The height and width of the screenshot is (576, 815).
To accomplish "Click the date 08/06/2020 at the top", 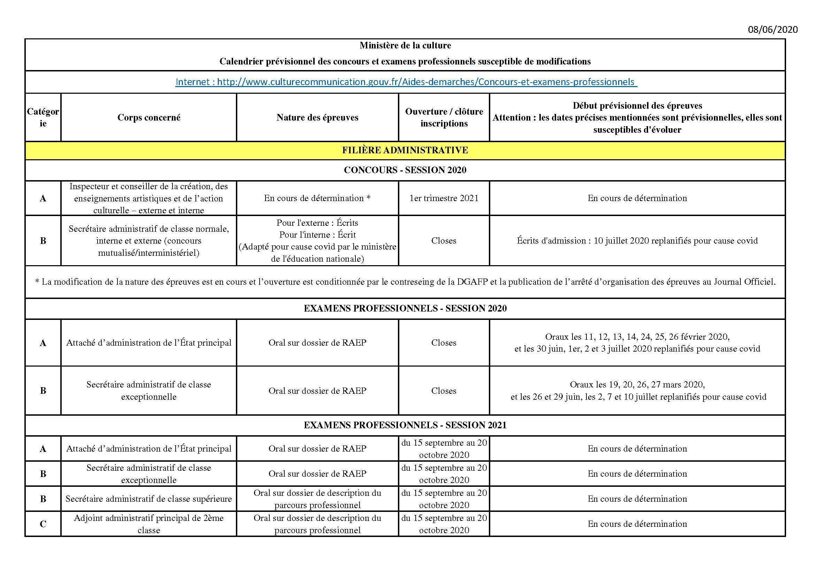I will tap(773, 30).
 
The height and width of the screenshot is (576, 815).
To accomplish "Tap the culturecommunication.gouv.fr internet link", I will tap(406, 82).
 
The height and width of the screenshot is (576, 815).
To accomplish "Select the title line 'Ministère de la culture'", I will tap(405, 45).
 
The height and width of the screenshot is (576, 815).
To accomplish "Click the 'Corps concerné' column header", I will tap(149, 117).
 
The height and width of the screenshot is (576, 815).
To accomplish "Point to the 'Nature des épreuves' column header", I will tap(317, 117).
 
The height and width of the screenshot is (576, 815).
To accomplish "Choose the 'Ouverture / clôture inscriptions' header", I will tap(444, 117).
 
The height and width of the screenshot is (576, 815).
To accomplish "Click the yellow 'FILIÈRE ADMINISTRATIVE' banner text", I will tap(405, 150).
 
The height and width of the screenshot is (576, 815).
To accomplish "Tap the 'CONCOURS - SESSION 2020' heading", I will tap(405, 170).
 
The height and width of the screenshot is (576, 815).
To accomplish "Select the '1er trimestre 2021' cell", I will tap(444, 198).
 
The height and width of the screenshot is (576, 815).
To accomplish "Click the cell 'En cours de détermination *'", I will tap(317, 198).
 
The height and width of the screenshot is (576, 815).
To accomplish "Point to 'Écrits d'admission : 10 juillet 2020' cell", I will tap(637, 241).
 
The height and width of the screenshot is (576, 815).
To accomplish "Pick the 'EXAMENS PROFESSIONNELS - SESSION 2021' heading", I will tap(405, 425).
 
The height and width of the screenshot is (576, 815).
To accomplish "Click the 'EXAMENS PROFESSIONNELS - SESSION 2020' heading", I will tap(405, 308).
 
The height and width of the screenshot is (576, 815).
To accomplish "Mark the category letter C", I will tap(43, 524).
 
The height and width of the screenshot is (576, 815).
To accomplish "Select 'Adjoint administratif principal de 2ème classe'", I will tap(149, 524).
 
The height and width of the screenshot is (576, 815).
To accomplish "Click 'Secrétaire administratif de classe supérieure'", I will tap(149, 499).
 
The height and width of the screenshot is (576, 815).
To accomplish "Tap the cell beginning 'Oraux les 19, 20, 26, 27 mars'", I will tap(637, 390).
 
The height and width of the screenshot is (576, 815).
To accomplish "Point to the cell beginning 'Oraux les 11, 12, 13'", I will tap(637, 343).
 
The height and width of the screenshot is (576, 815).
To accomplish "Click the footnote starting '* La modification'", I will tap(405, 282).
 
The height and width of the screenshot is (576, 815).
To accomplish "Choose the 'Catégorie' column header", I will tap(43, 117).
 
